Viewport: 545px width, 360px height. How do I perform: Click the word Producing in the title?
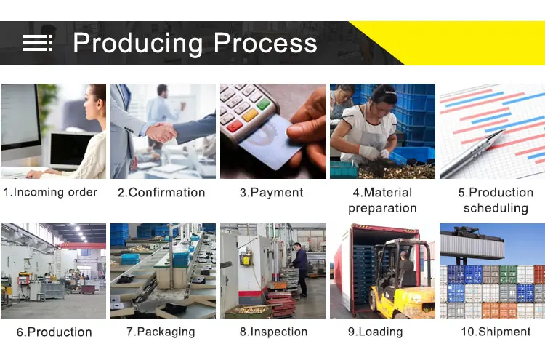[137, 44]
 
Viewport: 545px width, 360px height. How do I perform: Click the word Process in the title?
[265, 43]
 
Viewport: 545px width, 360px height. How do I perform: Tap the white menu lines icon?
[38, 43]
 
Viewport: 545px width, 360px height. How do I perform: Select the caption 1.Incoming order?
[50, 192]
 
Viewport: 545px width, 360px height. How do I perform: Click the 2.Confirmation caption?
[161, 192]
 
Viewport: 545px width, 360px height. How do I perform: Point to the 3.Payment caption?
[272, 192]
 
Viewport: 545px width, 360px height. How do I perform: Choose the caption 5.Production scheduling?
[496, 200]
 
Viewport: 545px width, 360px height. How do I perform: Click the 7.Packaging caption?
[161, 332]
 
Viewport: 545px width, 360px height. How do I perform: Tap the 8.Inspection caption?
[273, 332]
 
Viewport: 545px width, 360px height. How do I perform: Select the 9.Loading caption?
[376, 332]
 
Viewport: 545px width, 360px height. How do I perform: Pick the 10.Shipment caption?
[496, 332]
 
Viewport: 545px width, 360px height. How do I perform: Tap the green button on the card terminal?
[263, 104]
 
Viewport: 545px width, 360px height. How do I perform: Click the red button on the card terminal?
[235, 126]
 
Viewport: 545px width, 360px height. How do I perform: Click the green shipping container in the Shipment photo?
[508, 274]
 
